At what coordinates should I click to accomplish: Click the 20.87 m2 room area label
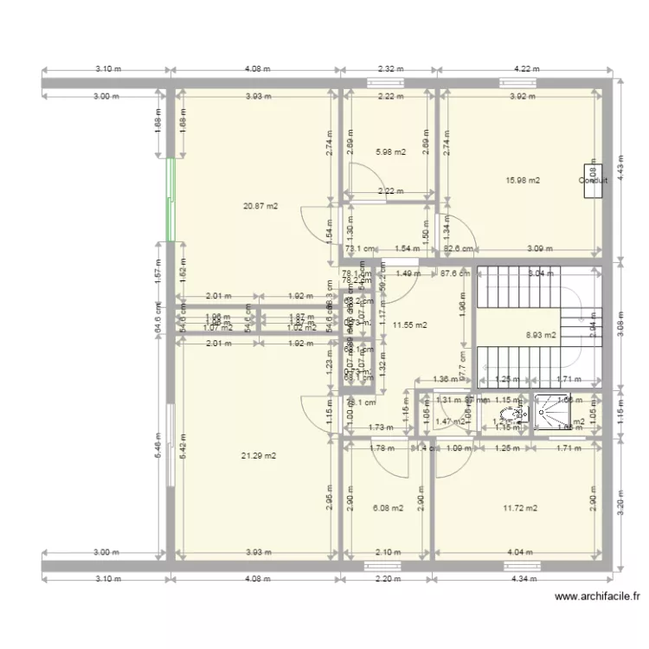(260, 206)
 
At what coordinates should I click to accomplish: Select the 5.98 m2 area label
(390, 152)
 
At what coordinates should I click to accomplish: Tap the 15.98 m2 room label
(523, 180)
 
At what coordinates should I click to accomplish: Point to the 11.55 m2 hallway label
(409, 325)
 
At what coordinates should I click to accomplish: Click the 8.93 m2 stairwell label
(542, 333)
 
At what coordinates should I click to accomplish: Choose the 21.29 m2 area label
(259, 455)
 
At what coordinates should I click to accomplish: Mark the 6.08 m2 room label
(387, 508)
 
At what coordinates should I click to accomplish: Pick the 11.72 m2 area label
(520, 508)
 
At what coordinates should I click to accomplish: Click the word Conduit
(593, 181)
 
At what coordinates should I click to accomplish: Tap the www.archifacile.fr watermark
(596, 596)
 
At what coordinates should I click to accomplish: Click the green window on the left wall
(170, 200)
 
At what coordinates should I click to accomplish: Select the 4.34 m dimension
(525, 578)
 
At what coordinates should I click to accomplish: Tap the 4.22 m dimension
(526, 68)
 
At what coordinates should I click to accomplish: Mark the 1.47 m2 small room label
(445, 421)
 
